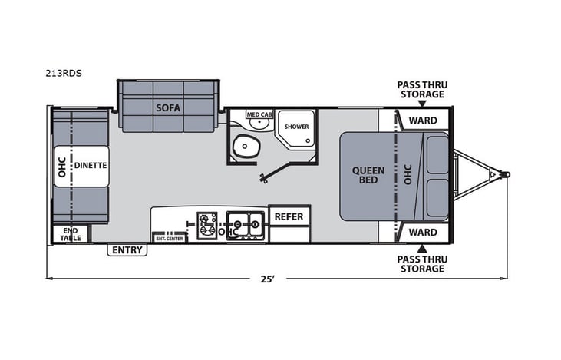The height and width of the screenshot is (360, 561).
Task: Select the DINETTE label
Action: point(90,165)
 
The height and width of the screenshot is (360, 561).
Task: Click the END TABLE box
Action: point(71,234)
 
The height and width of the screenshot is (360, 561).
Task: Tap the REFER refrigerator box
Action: point(289,216)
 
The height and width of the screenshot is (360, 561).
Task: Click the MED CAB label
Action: point(259,114)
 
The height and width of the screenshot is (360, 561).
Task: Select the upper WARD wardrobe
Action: point(422,121)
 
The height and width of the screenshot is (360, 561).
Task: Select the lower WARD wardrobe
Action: point(422,232)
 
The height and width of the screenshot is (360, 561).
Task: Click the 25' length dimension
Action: point(268,279)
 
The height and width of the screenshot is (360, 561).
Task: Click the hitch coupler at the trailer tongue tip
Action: point(504,175)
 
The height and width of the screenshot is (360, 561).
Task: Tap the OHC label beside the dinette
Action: point(61,167)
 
